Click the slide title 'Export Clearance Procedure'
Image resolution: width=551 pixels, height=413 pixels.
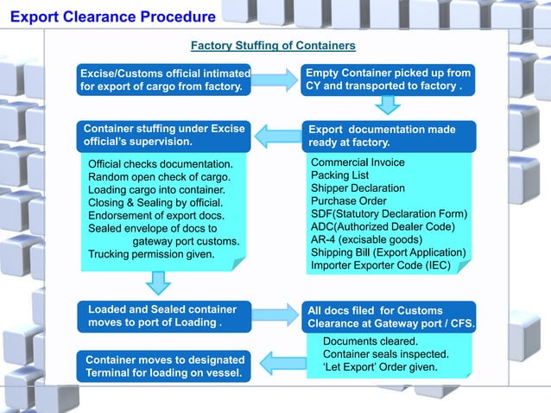(x=113, y=16)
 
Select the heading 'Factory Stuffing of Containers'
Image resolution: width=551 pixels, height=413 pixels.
(x=272, y=45)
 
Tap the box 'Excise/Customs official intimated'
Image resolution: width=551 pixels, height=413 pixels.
(x=164, y=79)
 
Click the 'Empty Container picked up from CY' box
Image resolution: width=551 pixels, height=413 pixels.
(x=389, y=79)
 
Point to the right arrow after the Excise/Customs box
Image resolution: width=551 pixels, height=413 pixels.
(x=275, y=80)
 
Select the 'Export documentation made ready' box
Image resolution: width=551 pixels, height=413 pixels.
(x=389, y=136)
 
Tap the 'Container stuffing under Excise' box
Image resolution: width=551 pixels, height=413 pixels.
(x=164, y=136)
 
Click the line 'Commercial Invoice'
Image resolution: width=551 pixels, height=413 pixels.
(x=357, y=162)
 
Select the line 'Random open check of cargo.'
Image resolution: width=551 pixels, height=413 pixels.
(x=160, y=176)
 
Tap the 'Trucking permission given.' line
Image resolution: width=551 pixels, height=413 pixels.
(x=151, y=254)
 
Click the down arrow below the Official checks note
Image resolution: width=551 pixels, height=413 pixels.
(x=158, y=282)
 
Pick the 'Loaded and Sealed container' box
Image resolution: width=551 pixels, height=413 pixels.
(x=164, y=315)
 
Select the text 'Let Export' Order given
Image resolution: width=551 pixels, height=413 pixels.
(x=380, y=367)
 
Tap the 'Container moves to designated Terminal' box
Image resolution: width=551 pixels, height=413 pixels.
(x=164, y=365)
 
